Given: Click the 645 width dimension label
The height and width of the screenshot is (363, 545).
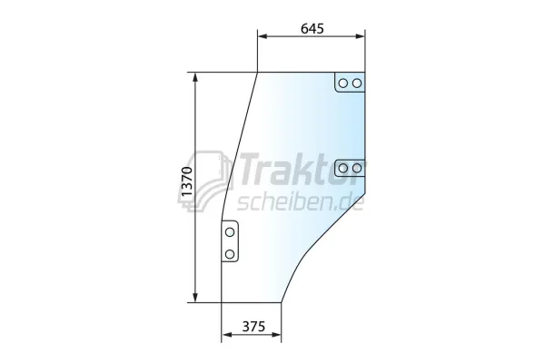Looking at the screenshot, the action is coord(312,28).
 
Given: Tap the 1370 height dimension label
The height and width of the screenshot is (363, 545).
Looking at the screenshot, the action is coord(186,181).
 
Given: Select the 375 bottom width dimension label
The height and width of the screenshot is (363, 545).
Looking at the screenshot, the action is coord(253,327).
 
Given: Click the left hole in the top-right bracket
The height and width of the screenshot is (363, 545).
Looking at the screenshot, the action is coord(343,83).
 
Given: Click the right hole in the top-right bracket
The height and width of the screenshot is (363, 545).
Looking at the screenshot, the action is coord(357,83).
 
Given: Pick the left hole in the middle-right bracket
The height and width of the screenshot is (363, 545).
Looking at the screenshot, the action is coord(343,168).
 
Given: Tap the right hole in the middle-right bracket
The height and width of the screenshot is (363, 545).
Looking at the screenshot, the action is coord(357,168).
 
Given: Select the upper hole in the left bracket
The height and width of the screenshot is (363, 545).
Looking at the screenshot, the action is coord(230,232).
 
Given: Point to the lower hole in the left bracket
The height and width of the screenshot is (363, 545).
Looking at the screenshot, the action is coord(230,254).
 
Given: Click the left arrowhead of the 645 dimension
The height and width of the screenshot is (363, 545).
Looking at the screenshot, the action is coord(263,36).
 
